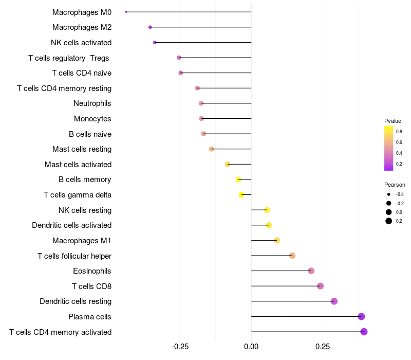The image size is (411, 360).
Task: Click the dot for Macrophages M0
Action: point(126,12)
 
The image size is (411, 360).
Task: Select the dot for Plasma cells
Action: point(361,317)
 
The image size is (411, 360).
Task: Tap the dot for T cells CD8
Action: point(320,286)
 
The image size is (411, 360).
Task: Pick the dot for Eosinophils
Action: point(311,271)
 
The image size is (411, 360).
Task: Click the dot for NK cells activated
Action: point(155,42)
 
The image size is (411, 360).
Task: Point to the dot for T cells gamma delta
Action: point(241,194)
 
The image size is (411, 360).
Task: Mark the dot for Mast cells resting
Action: point(211,149)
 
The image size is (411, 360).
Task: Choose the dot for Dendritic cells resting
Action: point(334,301)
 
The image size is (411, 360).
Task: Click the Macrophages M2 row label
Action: point(82,27)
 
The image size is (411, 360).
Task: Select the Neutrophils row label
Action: point(92,103)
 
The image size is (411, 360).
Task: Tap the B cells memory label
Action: point(85,179)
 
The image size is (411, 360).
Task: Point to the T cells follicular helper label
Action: point(74,256)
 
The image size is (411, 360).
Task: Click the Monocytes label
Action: point(92,119)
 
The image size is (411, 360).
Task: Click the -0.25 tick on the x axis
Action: point(180,347)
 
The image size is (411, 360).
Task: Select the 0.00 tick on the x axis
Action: point(251,347)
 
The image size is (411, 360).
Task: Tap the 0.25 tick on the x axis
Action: point(323,347)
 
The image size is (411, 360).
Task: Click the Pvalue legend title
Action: point(393,121)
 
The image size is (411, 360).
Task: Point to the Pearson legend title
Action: point(395,185)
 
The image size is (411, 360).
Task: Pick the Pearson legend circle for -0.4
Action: point(389,194)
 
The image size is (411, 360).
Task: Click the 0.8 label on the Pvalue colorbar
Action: point(399,132)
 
